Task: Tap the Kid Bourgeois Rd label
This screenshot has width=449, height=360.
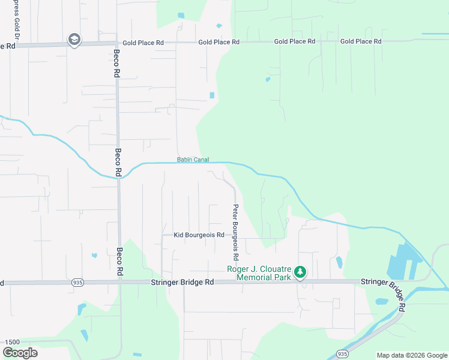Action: pyautogui.click(x=199, y=235)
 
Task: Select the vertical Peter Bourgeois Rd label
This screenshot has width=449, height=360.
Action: pyautogui.click(x=237, y=232)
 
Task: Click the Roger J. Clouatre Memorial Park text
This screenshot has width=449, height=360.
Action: pyautogui.click(x=259, y=273)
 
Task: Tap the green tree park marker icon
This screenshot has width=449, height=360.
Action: pyautogui.click(x=300, y=274)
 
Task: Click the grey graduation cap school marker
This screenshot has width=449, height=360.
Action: pyautogui.click(x=74, y=40)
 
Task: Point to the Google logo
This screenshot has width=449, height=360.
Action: pyautogui.click(x=20, y=352)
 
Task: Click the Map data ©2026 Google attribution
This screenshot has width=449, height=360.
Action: pyautogui.click(x=412, y=355)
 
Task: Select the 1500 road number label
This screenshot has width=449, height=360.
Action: pyautogui.click(x=13, y=341)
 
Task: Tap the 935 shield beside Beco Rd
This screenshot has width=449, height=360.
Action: pyautogui.click(x=77, y=282)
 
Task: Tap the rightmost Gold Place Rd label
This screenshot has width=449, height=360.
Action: pyautogui.click(x=361, y=41)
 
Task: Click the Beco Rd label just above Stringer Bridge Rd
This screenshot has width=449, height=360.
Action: pyautogui.click(x=119, y=262)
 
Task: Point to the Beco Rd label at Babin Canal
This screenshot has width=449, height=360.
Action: pyautogui.click(x=118, y=163)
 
